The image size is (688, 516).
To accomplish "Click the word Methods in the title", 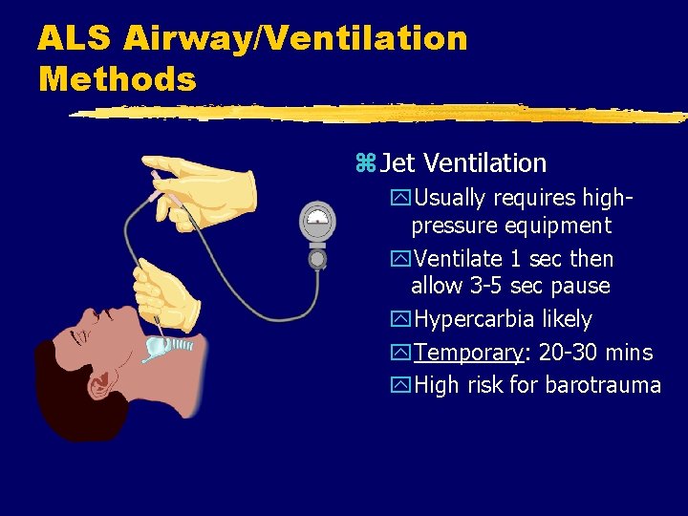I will (x=118, y=78).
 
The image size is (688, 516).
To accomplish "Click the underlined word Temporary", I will (x=468, y=353).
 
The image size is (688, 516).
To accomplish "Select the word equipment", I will (x=562, y=226).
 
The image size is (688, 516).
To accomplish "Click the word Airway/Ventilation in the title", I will (x=295, y=38).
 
